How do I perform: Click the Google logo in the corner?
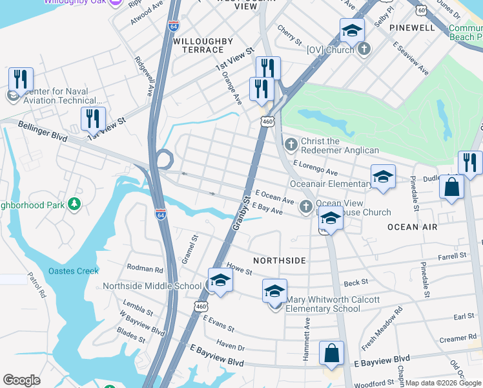(x=22, y=380)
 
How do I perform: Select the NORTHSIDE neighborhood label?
(x=279, y=260)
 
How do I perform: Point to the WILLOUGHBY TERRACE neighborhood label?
(x=203, y=45)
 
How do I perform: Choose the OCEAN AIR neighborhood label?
(x=412, y=227)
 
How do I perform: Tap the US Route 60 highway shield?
(x=421, y=10)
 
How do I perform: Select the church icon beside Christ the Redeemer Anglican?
(x=291, y=142)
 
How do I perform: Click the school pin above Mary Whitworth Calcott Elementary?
(x=274, y=292)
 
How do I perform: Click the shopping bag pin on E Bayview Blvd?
(x=331, y=354)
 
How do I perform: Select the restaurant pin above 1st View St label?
(x=93, y=118)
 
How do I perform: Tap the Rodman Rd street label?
(x=145, y=268)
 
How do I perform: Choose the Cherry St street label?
(x=289, y=36)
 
